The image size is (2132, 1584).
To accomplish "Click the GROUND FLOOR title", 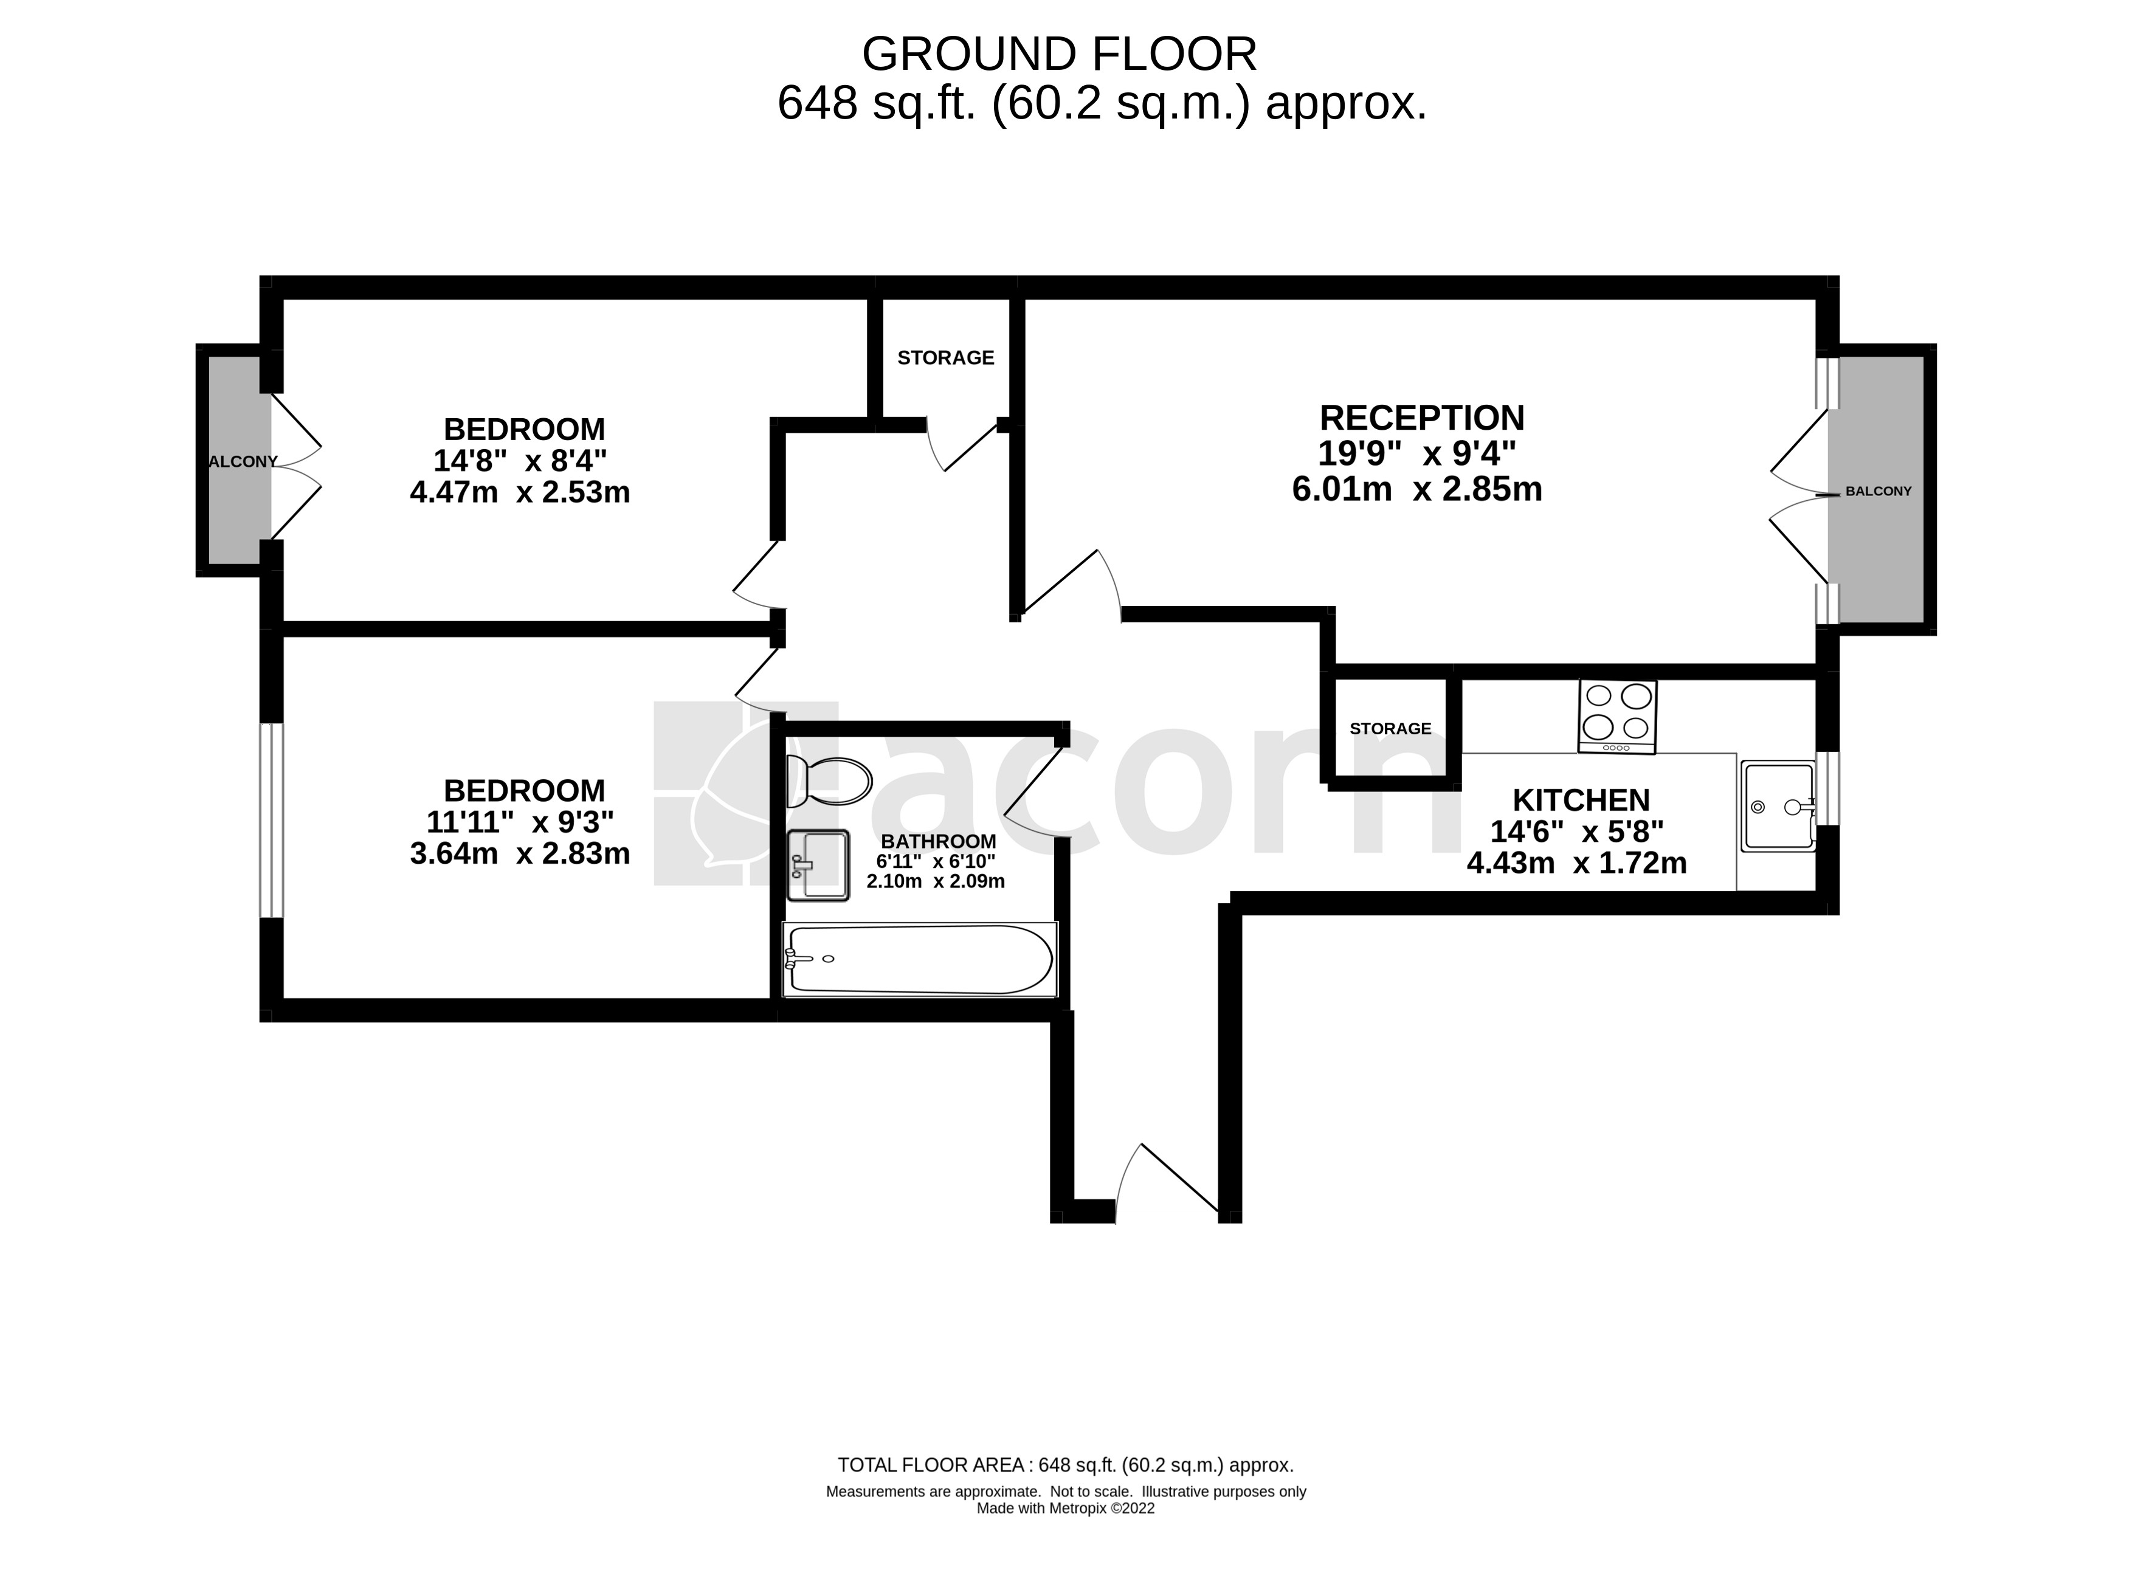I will [1059, 55].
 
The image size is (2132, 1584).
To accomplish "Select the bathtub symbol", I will [919, 959].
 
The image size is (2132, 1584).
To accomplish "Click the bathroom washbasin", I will [818, 866].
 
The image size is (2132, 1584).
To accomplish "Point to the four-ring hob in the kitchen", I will [1617, 716].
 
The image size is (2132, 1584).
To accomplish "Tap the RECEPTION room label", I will [1421, 418].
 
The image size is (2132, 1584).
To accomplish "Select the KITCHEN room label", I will [1581, 800].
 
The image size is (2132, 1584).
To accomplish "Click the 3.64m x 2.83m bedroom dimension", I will [520, 853].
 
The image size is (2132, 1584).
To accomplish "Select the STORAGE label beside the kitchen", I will [1390, 729].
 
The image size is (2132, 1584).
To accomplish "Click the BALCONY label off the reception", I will [1878, 491].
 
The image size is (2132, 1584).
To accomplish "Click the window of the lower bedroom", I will [272, 820].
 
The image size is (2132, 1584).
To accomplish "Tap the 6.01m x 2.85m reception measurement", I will [1416, 490].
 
